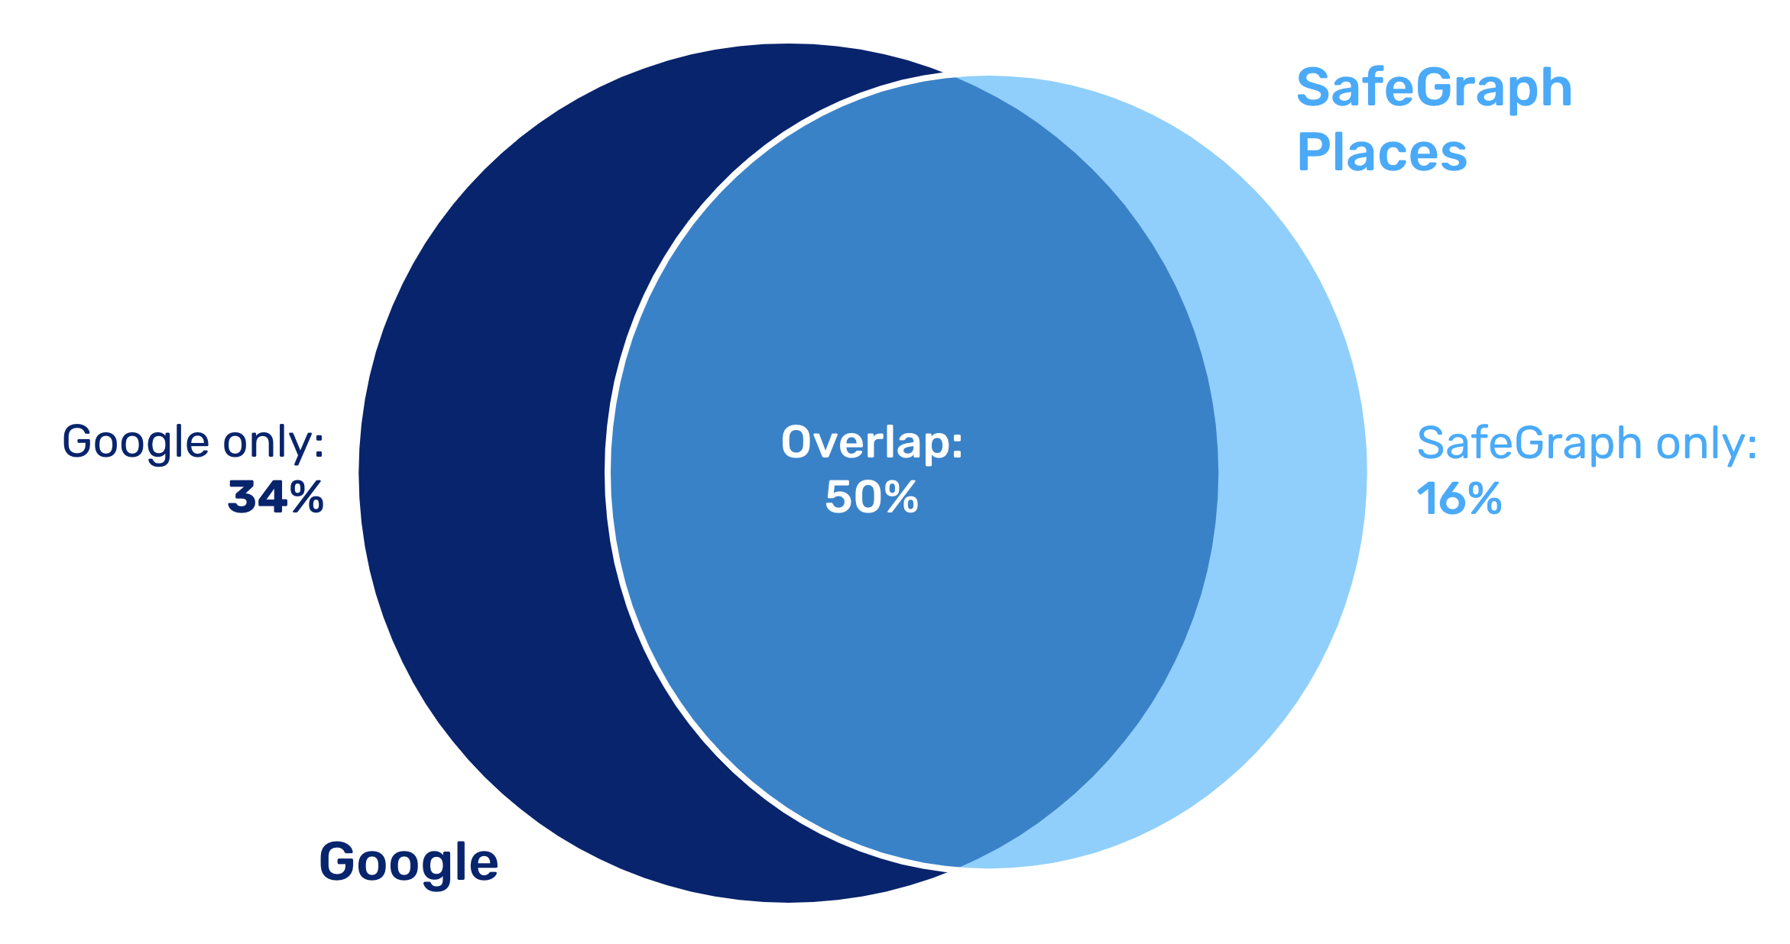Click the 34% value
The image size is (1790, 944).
276,497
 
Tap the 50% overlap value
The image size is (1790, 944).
872,497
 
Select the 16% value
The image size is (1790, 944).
1459,499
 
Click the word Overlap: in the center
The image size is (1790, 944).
872,442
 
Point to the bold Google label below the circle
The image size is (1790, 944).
409,862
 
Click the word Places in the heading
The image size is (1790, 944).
1382,152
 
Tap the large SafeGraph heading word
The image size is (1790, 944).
1434,89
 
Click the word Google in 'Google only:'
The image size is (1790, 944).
135,443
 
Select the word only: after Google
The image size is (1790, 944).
274,442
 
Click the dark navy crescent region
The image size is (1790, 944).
482,473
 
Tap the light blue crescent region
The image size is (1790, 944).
1292,473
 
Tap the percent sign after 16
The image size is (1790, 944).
1483,499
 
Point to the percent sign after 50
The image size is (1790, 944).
898,497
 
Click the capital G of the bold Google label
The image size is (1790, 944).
337,861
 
